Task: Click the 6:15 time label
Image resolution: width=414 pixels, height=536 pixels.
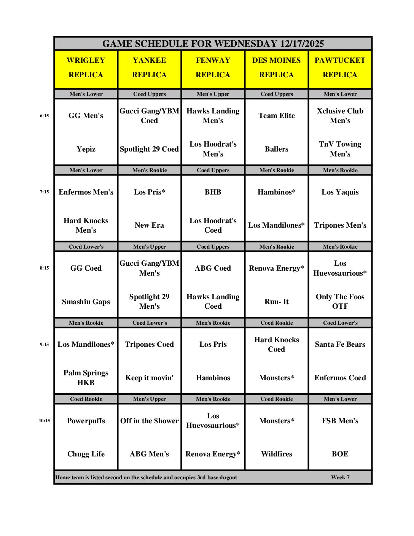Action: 44,116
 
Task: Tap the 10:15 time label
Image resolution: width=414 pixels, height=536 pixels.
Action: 44,421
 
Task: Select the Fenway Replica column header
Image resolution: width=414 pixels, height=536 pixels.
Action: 213,67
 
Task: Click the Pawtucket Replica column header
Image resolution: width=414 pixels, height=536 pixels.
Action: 340,67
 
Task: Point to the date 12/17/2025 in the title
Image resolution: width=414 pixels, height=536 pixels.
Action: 302,44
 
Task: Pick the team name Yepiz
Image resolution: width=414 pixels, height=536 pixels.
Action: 86,149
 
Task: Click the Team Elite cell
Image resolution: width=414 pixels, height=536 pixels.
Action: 277,116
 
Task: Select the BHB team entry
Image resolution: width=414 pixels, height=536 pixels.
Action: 213,192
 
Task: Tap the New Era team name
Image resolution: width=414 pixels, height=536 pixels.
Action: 149,225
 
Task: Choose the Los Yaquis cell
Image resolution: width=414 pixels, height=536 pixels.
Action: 340,192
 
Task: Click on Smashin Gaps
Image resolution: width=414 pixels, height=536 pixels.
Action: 86,301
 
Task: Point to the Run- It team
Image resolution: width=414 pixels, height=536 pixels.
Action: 277,301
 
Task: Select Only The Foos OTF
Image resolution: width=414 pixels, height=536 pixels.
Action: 340,301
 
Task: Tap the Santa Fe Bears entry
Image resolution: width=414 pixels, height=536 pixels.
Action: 340,344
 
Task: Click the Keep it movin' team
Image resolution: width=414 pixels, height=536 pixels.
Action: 149,378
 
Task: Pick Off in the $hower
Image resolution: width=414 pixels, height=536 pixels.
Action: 149,421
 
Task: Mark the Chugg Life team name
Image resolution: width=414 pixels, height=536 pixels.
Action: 86,454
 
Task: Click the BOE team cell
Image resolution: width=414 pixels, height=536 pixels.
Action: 340,454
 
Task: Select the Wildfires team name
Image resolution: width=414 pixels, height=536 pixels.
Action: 277,454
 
